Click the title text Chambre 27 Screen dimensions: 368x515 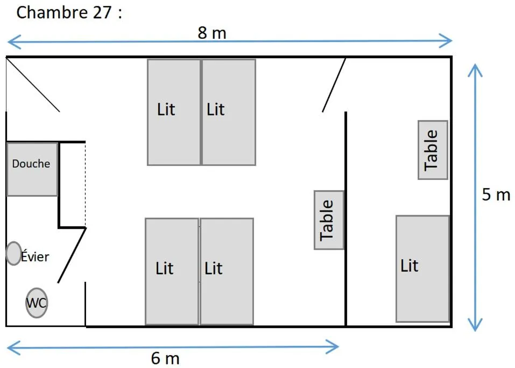tap(69, 13)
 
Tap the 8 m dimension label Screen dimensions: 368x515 tap(212, 33)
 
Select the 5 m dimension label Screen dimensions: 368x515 tap(496, 195)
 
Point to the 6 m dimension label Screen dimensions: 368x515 tap(165, 358)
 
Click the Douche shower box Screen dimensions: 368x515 tap(32, 169)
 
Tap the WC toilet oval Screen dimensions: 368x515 tap(37, 303)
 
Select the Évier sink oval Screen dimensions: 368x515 tap(13, 254)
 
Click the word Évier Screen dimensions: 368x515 tap(36, 257)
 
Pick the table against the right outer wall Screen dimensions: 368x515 tap(433, 150)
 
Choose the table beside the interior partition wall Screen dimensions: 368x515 tap(329, 220)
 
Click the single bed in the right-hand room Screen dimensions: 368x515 tap(422, 268)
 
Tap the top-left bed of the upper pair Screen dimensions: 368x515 tap(174, 112)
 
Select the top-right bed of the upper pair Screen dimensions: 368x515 tap(229, 112)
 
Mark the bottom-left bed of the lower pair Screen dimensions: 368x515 tap(172, 271)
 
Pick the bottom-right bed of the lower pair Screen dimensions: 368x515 tap(227, 271)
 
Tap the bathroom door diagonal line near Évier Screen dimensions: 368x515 tap(72, 255)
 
